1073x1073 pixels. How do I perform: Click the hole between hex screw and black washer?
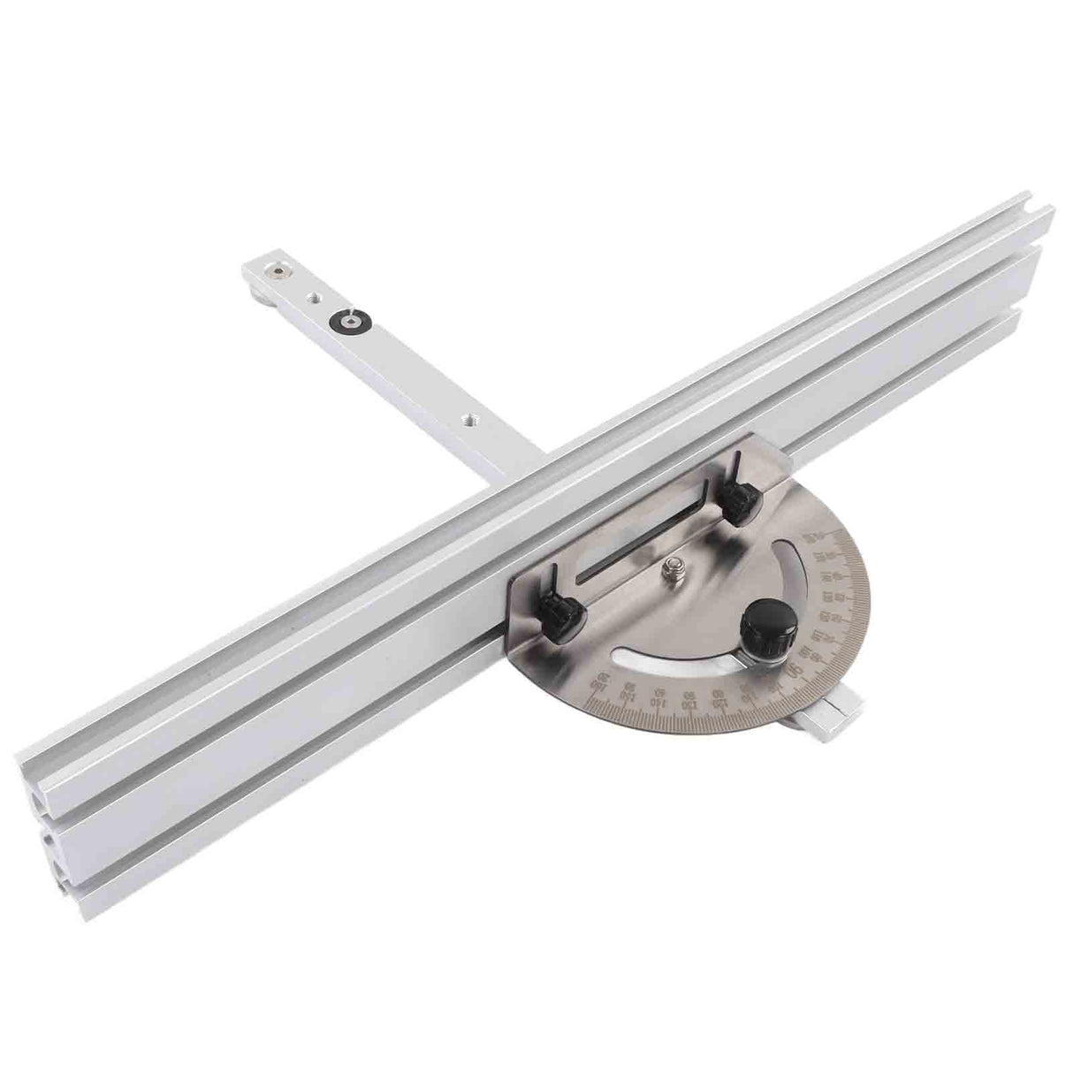312,299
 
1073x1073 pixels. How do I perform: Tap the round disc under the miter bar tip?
257,285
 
